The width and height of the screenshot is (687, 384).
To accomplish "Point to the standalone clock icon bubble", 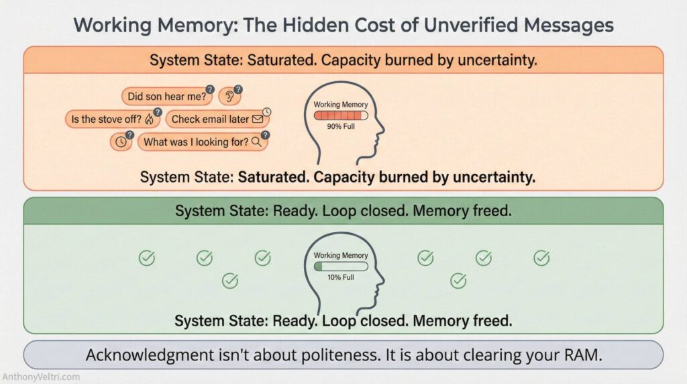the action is (x=121, y=142).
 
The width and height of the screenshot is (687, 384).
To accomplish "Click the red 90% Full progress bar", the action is (x=341, y=115).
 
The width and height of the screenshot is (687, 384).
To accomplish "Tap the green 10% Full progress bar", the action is (x=341, y=266).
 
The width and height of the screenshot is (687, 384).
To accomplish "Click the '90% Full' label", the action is (x=341, y=126).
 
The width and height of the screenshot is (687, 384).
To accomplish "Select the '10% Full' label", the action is (x=341, y=277).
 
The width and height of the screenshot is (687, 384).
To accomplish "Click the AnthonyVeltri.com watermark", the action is (x=41, y=377).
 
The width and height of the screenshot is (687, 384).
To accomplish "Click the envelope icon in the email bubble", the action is (x=258, y=119).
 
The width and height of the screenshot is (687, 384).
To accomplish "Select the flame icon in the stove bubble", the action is (x=149, y=119).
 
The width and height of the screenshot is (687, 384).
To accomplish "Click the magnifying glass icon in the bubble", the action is (x=256, y=142).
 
